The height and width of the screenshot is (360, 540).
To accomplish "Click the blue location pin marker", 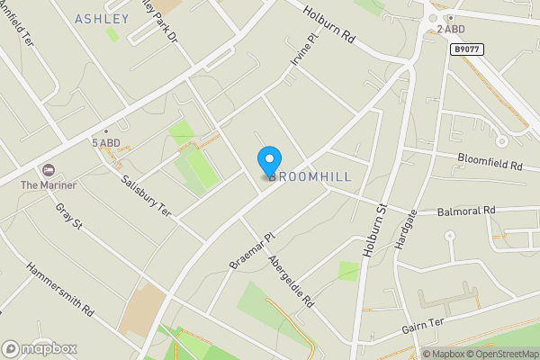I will pos(268,161).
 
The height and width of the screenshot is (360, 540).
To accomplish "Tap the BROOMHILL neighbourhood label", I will pos(311,175).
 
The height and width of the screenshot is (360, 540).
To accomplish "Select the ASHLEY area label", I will pos(102,19).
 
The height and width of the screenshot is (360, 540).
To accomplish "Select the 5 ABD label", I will pos(105,143).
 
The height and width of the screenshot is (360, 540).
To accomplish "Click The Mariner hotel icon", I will pos(47,170).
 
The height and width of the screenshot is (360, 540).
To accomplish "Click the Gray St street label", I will pos(68,216).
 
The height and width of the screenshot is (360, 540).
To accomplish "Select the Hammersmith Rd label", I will pos(60,288).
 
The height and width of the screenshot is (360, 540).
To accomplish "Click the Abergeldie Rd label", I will pos(290,281).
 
